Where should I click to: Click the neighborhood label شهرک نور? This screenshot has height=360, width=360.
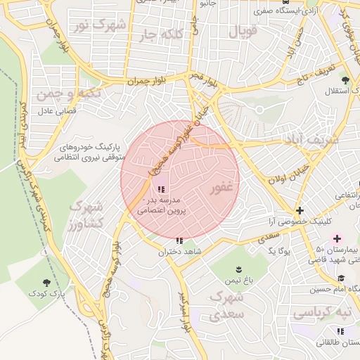(101, 27)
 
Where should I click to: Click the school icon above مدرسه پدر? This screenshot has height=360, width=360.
(162, 188)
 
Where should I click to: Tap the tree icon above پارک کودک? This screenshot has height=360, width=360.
(47, 283)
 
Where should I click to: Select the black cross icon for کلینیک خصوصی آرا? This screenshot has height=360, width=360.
(300, 210)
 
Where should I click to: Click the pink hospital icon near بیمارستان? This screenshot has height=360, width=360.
(337, 240)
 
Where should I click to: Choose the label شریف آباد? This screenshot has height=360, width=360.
(311, 139)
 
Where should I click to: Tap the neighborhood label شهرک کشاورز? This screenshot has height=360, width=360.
(86, 214)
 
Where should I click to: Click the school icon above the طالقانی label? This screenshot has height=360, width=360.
(341, 331)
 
